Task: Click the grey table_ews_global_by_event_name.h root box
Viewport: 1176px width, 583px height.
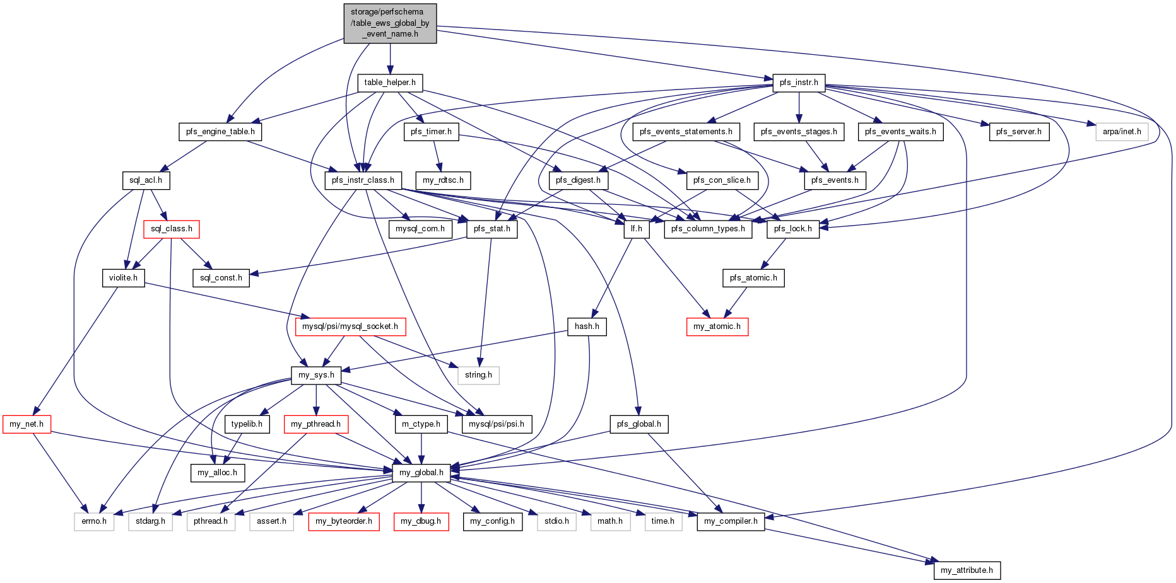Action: pyautogui.click(x=390, y=23)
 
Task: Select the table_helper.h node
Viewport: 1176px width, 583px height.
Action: pyautogui.click(x=390, y=83)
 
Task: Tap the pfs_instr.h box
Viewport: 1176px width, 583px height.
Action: pyautogui.click(x=799, y=83)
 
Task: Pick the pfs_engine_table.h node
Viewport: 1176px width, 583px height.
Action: pyautogui.click(x=220, y=132)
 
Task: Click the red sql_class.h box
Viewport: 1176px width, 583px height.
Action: pyautogui.click(x=172, y=229)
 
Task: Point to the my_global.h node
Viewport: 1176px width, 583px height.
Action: pyautogui.click(x=421, y=473)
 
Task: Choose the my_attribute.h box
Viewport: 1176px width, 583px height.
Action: pyautogui.click(x=967, y=570)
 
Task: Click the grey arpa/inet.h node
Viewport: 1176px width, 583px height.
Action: pyautogui.click(x=1122, y=132)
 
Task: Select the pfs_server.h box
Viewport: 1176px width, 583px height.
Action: pyautogui.click(x=1019, y=132)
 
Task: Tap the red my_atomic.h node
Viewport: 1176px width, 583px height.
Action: pyautogui.click(x=717, y=326)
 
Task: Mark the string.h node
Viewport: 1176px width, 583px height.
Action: pyautogui.click(x=479, y=375)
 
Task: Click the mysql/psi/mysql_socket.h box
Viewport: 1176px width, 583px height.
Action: pyautogui.click(x=350, y=326)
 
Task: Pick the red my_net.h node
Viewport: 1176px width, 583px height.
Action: pyautogui.click(x=26, y=424)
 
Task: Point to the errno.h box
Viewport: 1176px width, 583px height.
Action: pyautogui.click(x=94, y=521)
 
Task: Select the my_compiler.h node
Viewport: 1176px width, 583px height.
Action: pyautogui.click(x=731, y=521)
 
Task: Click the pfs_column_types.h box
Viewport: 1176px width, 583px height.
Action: pyautogui.click(x=708, y=229)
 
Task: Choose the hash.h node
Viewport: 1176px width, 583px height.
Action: pyautogui.click(x=587, y=326)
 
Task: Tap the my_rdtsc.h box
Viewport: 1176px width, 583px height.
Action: pyautogui.click(x=443, y=180)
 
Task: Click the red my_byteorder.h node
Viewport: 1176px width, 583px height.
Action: pyautogui.click(x=344, y=521)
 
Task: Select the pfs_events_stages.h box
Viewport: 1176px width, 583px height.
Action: pyautogui.click(x=799, y=132)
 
